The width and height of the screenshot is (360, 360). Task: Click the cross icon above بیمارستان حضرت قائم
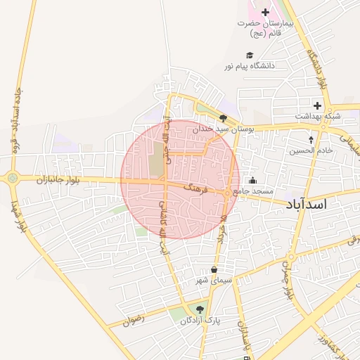265,12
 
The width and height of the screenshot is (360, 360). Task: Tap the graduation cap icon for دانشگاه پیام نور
249,55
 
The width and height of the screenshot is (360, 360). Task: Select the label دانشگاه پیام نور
249,65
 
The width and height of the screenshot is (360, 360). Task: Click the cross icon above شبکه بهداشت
317,105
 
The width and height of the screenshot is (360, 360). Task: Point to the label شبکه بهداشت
317,115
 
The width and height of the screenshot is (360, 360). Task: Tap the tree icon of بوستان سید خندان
223,119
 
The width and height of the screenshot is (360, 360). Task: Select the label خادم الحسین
309,150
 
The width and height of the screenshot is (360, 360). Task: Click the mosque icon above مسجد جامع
252,181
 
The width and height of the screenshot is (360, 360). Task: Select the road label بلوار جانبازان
63,180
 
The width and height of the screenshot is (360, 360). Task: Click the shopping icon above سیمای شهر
214,270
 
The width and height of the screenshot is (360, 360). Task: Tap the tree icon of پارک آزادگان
201,309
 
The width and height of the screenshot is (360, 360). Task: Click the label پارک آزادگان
200,321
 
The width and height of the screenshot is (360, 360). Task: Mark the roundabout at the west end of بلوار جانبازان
13,178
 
